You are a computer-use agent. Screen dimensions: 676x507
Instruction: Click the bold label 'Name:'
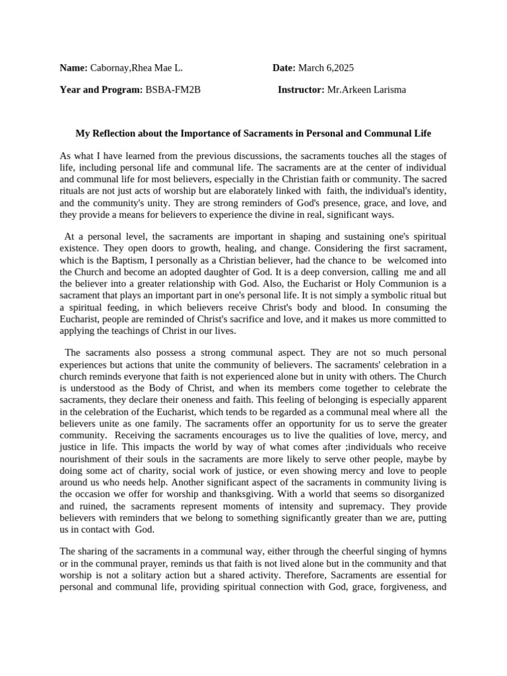pos(73,68)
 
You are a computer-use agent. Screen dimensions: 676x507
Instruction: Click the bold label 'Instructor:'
pos(300,90)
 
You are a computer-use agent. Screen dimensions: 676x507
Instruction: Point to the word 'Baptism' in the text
pos(127,259)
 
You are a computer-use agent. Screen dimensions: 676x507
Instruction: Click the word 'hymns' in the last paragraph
pos(432,551)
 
